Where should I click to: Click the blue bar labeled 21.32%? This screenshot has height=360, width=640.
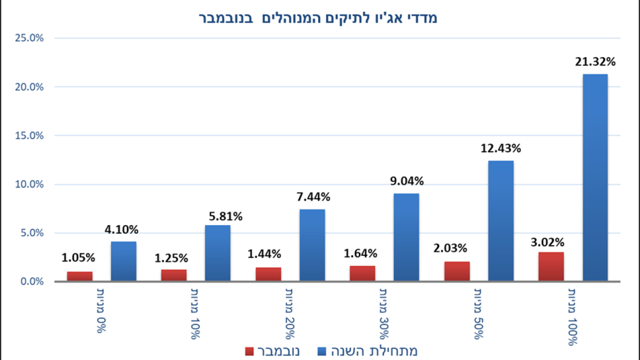point(595,177)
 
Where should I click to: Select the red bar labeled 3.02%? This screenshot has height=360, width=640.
point(551,266)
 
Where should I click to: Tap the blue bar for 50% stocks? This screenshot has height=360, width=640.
point(500,220)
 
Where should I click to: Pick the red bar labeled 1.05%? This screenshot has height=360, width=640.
point(79,276)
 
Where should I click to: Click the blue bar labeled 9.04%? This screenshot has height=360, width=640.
point(406,237)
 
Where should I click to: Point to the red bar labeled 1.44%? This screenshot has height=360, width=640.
point(268,274)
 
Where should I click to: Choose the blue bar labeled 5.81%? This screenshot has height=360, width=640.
point(217,253)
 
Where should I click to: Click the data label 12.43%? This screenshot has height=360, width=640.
point(501,148)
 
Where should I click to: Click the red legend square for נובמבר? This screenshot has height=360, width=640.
point(250,351)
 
